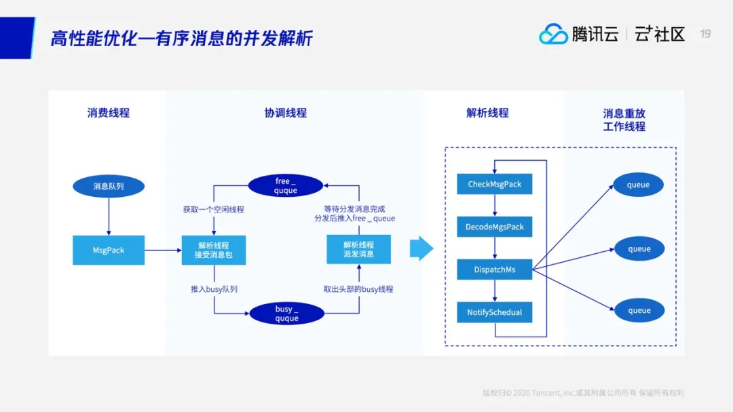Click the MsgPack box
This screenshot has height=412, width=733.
[x=109, y=250]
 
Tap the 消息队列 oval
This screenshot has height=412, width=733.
[x=109, y=186]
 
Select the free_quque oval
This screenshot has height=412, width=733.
[x=286, y=186]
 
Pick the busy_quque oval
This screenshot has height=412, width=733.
[x=286, y=314]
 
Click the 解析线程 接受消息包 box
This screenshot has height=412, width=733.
[x=213, y=250]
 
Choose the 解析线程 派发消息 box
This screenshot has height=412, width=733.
[x=358, y=249]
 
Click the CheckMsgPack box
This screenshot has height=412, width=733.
[x=495, y=184]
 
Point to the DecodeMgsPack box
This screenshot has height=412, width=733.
[x=495, y=227]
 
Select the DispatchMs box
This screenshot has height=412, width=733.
[x=495, y=269]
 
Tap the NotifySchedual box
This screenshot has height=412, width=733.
[x=495, y=312]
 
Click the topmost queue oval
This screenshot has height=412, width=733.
[x=639, y=185]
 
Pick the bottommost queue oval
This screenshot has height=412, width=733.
[x=639, y=311]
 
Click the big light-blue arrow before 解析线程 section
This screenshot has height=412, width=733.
[x=421, y=248]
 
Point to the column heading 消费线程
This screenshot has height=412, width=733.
[x=109, y=113]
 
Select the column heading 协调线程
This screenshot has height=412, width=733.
[x=286, y=113]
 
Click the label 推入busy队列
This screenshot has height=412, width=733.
[x=214, y=289]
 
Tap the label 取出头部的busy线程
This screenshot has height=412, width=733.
[x=358, y=289]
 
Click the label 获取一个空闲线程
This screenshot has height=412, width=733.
[x=214, y=210]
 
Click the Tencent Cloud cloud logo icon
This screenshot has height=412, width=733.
[x=553, y=34]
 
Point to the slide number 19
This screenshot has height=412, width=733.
[x=705, y=34]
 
